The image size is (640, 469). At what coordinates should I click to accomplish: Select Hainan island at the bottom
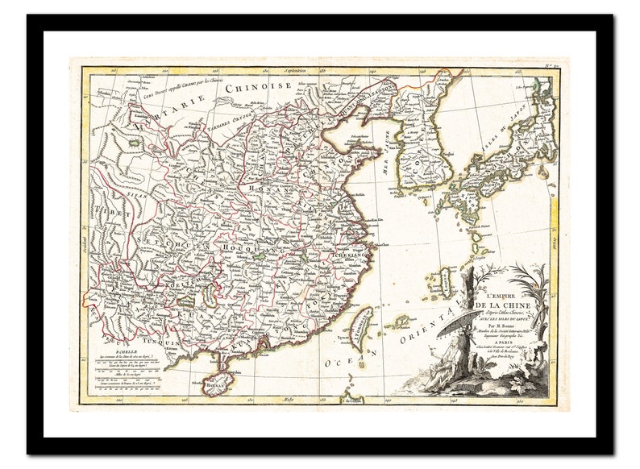tap(215, 386)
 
